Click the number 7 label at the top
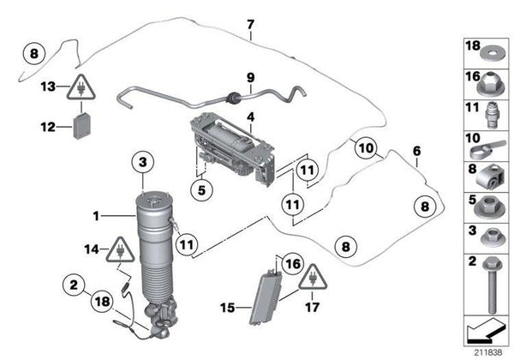tap(249, 24)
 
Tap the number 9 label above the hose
tap(250, 78)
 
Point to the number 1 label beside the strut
tap(97, 215)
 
